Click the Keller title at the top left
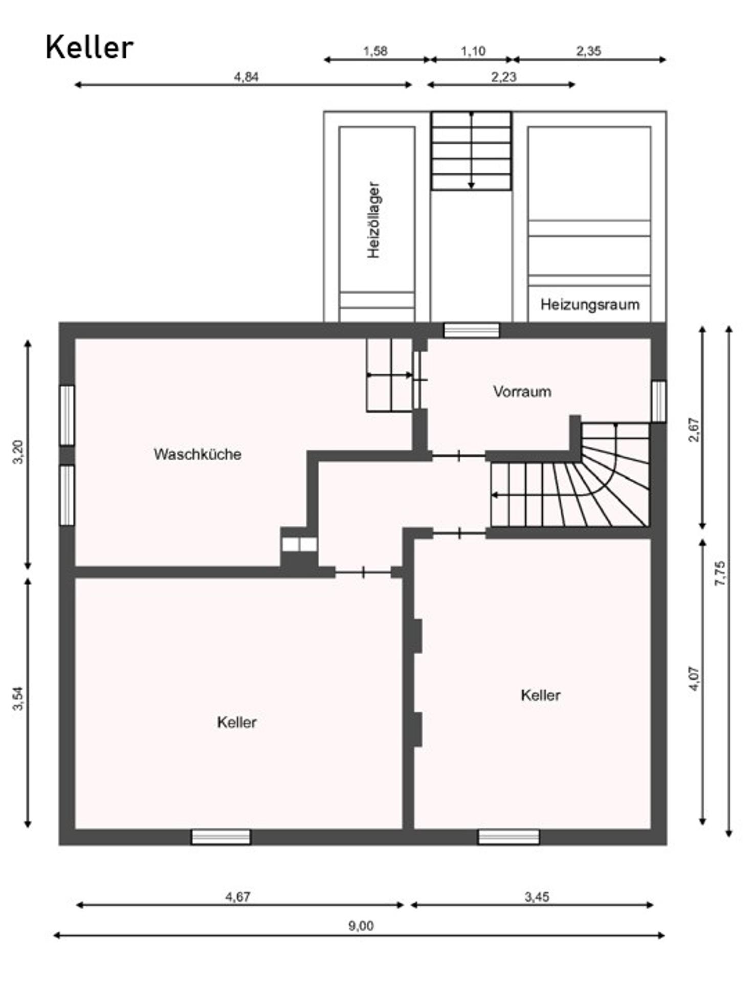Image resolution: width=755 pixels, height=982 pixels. [x=90, y=48]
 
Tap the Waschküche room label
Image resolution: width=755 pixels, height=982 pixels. [x=197, y=454]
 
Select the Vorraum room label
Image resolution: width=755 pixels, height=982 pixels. [x=522, y=392]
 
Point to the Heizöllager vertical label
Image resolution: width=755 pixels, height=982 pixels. [x=374, y=220]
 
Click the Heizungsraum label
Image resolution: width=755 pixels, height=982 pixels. [x=590, y=305]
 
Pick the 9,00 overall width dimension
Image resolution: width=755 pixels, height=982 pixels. [x=361, y=926]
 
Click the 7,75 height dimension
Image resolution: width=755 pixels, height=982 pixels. [x=720, y=573]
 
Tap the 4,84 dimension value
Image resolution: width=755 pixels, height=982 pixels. [x=246, y=77]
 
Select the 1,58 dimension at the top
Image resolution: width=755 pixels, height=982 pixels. [x=375, y=51]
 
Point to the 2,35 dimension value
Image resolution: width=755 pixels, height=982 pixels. [x=589, y=51]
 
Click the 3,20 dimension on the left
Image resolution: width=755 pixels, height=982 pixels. [x=18, y=452]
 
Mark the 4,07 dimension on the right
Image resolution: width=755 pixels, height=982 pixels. [x=694, y=679]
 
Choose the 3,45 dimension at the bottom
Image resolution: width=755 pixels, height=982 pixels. [x=537, y=897]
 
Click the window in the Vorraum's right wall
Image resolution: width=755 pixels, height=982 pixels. [x=659, y=401]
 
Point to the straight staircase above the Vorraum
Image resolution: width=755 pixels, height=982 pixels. [x=471, y=151]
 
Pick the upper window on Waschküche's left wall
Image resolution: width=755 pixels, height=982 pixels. [x=67, y=415]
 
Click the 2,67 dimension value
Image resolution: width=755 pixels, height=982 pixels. [x=694, y=430]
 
